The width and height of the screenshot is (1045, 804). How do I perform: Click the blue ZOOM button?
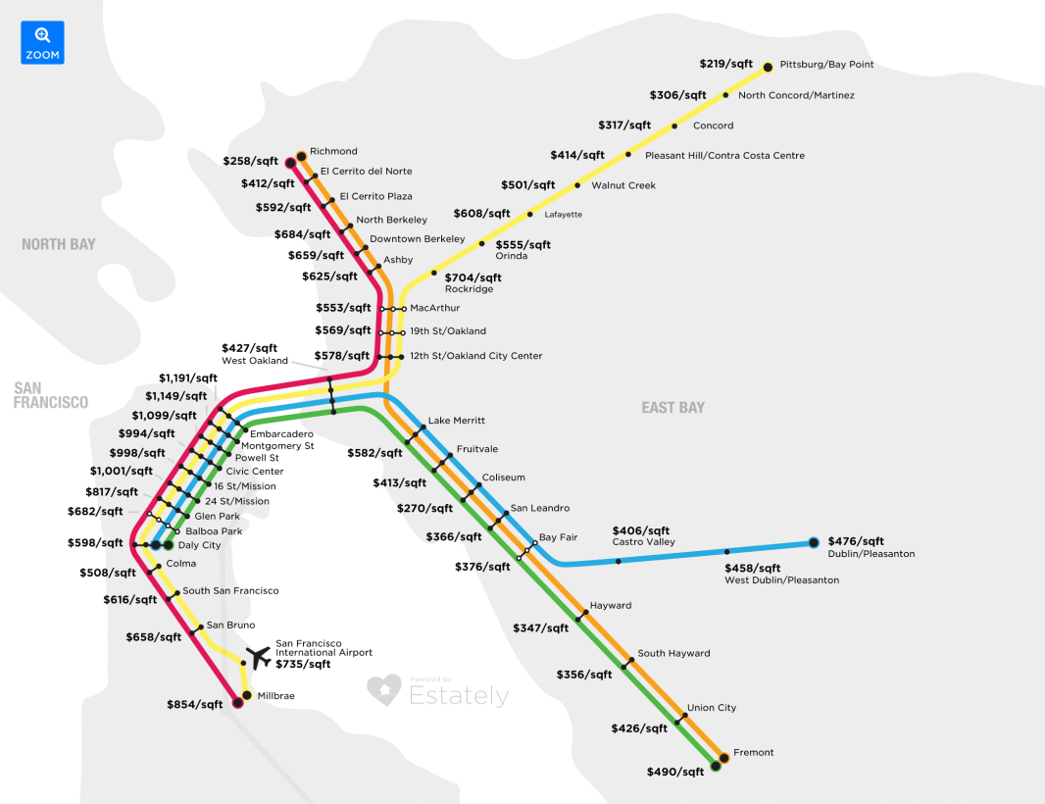coord(42,42)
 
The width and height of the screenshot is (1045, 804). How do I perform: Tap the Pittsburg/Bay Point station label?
coord(826,65)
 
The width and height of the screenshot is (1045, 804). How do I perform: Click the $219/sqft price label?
coord(726,64)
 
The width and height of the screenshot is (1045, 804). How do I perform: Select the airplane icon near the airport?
coord(259,656)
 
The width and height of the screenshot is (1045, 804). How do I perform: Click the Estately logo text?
coord(459,696)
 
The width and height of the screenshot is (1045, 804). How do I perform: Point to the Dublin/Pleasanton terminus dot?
coord(813,542)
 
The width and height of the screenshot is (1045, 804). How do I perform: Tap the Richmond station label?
coord(333,152)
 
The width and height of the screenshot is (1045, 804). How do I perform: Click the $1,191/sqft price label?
coord(188,377)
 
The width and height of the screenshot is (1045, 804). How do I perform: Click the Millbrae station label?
coord(275,696)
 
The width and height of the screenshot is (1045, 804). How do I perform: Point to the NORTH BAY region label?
coord(59,244)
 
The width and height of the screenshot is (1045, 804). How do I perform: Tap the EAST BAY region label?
coord(672,407)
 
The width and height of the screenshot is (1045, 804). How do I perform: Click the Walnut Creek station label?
coord(623,185)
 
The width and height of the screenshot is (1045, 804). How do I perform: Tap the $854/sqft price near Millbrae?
coord(195,704)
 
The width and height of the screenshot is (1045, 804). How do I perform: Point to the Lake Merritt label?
coord(457,421)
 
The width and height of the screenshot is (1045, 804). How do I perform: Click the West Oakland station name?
coord(255,361)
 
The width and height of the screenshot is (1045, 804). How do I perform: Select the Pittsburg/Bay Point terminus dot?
coord(769,67)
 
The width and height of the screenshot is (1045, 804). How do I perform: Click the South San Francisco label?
coord(230,591)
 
